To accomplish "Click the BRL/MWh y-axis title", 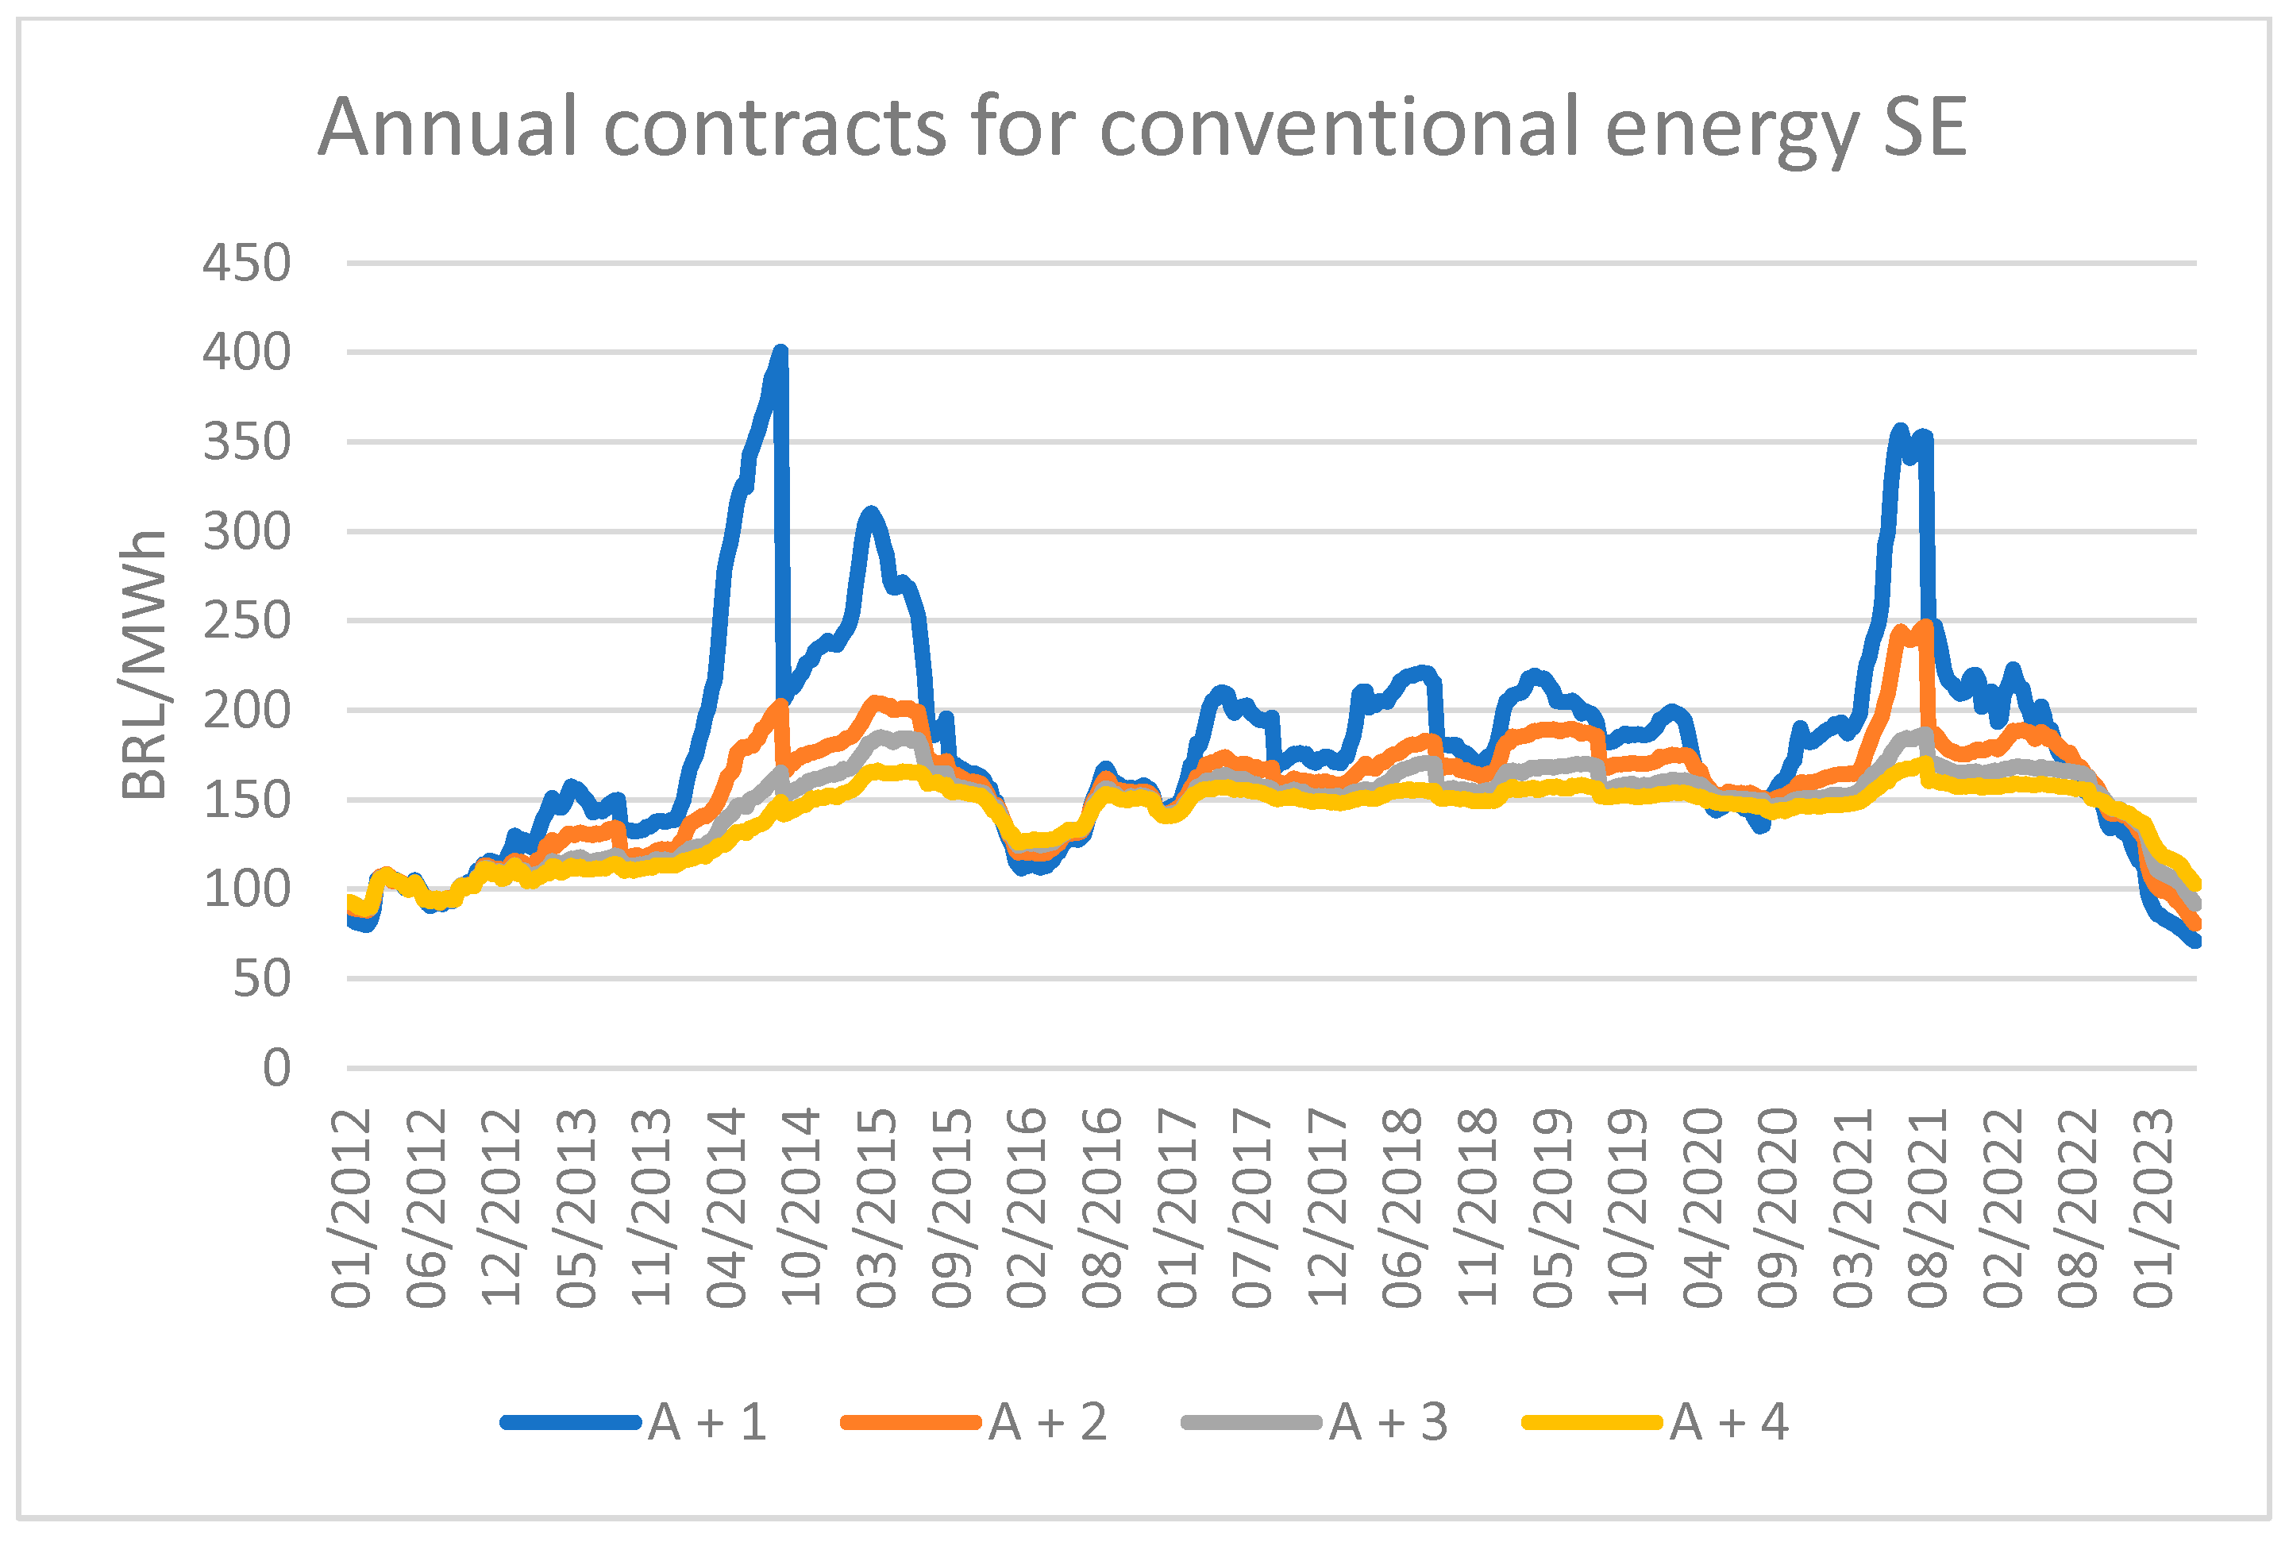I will point(145,665).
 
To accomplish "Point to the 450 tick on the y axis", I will point(246,264).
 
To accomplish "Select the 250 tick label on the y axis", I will point(246,622).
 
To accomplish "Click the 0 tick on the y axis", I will point(276,1068).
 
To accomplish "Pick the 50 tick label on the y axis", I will point(260,978).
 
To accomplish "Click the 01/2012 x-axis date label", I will point(351,1209).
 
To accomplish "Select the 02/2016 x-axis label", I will point(1027,1209).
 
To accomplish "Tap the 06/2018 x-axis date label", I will point(1402,1209).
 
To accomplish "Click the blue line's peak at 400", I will point(780,351).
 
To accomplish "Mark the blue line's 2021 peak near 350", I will point(1900,430).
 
